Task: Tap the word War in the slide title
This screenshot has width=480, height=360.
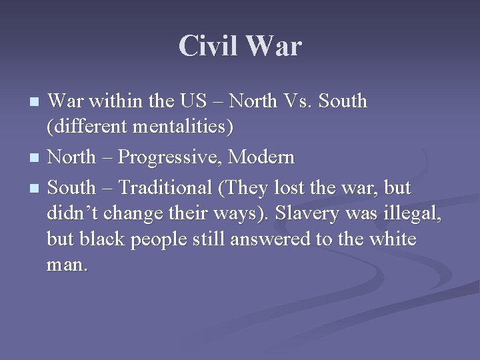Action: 273,47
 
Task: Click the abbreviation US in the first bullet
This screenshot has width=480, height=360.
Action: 193,101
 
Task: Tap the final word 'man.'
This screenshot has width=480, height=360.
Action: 67,265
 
